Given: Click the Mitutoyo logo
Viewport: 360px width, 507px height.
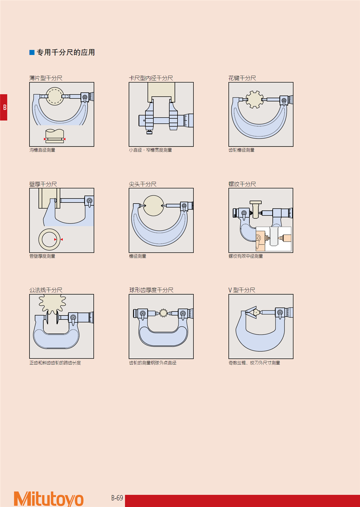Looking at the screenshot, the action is (x=49, y=498).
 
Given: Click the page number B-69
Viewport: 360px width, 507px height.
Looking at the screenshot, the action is (x=117, y=498).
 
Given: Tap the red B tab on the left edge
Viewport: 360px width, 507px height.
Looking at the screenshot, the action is (x=4, y=107).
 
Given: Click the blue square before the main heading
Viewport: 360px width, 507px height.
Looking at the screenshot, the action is (x=32, y=53).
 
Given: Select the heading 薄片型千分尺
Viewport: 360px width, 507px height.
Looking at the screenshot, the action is (x=46, y=78).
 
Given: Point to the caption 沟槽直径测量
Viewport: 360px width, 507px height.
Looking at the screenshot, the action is (x=42, y=150).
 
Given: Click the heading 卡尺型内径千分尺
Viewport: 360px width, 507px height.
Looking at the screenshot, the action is (x=151, y=78).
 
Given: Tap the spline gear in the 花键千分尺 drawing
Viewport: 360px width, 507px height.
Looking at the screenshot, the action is (x=255, y=99).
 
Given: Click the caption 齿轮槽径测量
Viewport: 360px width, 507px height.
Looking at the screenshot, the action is (x=242, y=150).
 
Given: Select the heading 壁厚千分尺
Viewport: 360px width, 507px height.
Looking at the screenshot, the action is (x=43, y=184).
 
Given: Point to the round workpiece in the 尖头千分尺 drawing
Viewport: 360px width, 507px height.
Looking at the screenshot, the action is (x=153, y=206).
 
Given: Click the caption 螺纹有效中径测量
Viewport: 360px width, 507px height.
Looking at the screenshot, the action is (x=246, y=256).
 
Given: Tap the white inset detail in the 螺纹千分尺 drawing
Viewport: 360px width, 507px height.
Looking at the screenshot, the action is (x=273, y=239).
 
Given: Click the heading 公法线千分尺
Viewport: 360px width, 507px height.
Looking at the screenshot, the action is (x=46, y=290).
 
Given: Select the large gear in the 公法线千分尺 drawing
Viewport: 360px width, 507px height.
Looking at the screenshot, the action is (x=52, y=304).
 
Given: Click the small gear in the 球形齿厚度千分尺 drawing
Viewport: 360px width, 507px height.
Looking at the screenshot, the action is (x=163, y=313).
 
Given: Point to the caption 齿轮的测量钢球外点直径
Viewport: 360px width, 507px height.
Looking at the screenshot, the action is (x=153, y=363).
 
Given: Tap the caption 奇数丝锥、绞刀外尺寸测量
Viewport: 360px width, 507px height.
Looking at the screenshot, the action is (x=254, y=363).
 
